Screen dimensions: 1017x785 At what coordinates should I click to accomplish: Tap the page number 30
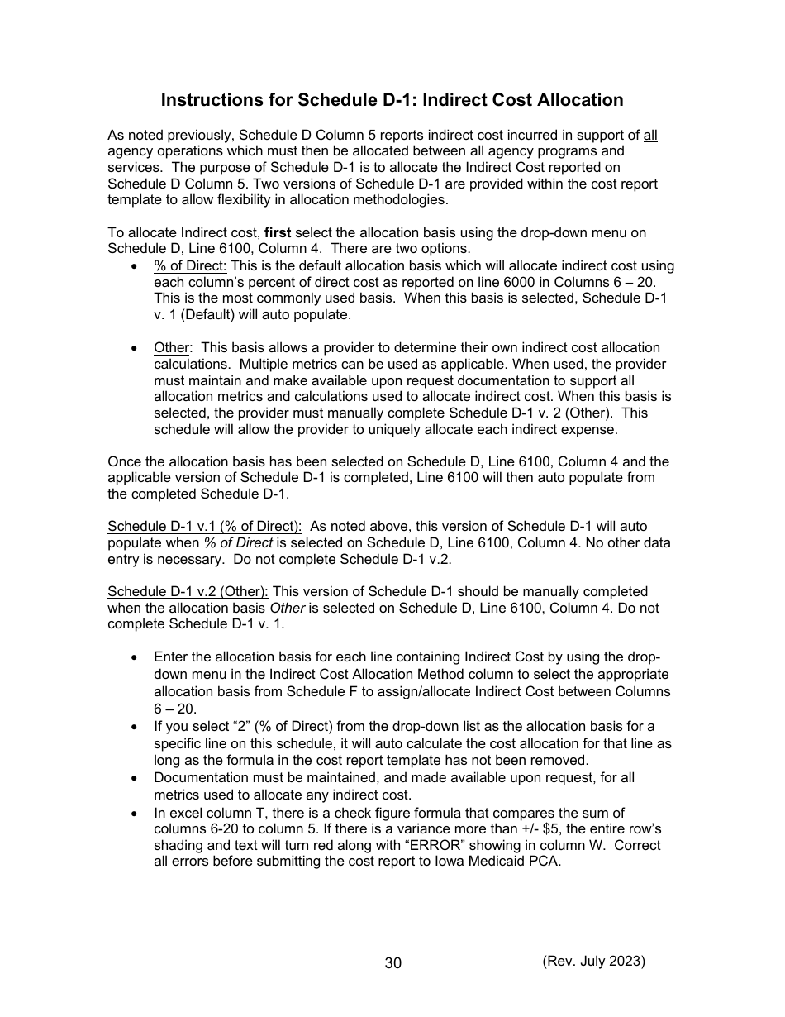(x=392, y=963)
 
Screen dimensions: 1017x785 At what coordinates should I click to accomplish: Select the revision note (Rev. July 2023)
(x=593, y=961)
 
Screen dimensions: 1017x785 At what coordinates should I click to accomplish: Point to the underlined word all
(x=650, y=135)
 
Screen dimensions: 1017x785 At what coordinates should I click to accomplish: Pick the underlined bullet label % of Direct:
(x=190, y=265)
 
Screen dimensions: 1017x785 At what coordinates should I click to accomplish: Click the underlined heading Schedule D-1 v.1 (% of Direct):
(x=205, y=527)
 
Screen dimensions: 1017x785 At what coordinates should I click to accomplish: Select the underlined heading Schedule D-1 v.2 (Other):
(x=188, y=592)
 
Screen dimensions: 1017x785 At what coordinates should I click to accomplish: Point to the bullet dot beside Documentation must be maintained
(x=134, y=778)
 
